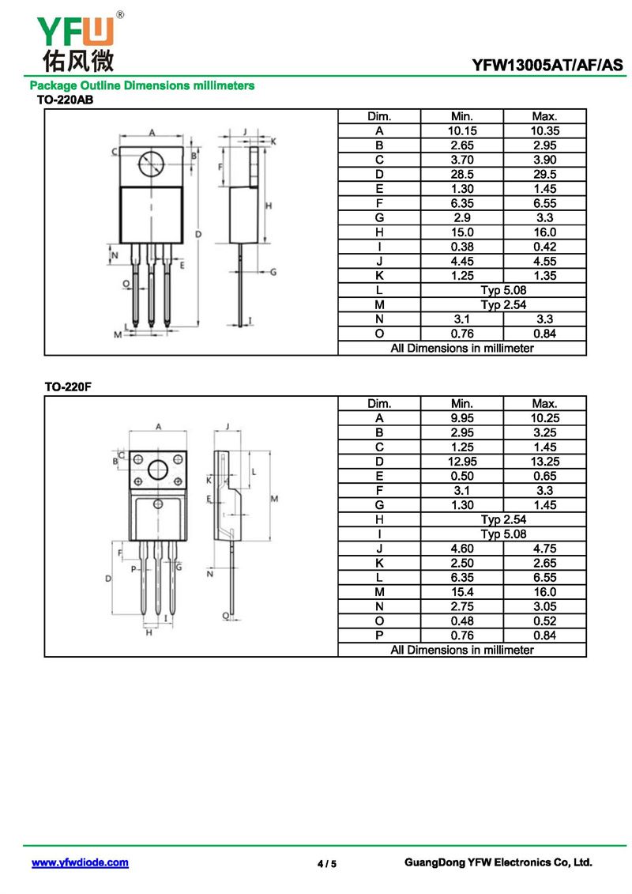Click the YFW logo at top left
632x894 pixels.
[75, 40]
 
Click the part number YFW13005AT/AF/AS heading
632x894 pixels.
[547, 65]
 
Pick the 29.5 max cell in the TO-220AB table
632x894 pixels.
[544, 174]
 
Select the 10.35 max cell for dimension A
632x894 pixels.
[544, 130]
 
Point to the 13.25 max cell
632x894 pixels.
[544, 462]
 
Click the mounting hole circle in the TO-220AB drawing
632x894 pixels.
[151, 164]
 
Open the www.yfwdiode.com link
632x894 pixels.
[80, 862]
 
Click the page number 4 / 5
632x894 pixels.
[326, 863]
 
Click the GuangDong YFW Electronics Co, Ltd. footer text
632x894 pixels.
[498, 862]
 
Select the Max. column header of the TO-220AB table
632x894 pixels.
[544, 116]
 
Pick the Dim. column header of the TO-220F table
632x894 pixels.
[379, 404]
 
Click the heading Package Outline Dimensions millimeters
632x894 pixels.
[142, 85]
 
